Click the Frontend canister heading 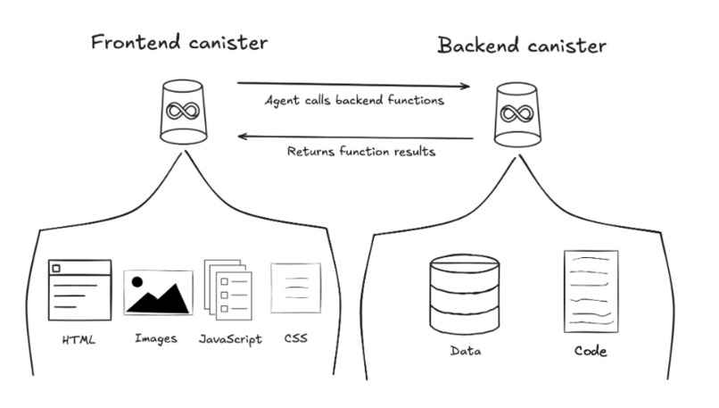click(179, 42)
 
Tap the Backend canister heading click(522, 46)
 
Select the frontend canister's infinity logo click(183, 111)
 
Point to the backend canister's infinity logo click(517, 113)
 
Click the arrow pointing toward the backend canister click(353, 85)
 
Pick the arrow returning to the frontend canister click(355, 137)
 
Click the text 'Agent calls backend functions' click(354, 101)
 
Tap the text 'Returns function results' click(361, 152)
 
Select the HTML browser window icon click(79, 290)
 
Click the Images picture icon click(158, 293)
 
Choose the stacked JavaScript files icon click(227, 289)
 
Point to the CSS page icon click(296, 287)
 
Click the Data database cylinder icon click(465, 295)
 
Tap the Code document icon click(591, 291)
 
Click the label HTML click(79, 340)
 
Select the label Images click(156, 339)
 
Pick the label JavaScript click(230, 339)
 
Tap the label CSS click(296, 338)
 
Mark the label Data click(466, 351)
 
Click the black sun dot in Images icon click(137, 282)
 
